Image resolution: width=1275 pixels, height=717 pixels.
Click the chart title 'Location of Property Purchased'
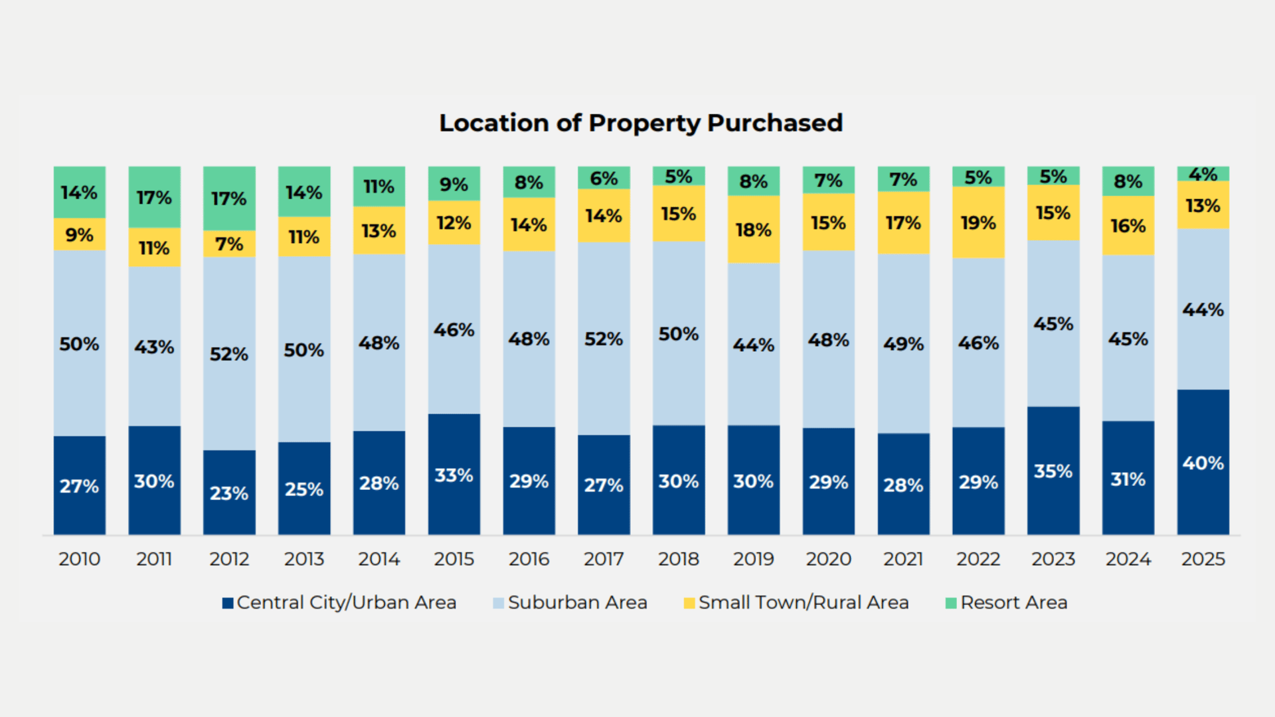(x=641, y=123)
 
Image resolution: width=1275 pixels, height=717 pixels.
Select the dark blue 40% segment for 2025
(x=1203, y=462)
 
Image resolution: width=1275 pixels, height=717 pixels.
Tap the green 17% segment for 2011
(x=154, y=197)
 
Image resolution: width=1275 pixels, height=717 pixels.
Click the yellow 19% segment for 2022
(x=978, y=222)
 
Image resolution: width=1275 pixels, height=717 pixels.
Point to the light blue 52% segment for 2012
(x=229, y=353)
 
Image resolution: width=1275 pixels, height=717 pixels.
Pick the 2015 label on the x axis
(x=454, y=559)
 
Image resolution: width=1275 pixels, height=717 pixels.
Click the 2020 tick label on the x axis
(x=828, y=559)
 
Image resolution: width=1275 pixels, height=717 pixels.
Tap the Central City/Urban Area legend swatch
(x=228, y=603)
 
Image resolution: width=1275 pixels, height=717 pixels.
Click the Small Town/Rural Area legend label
(x=804, y=603)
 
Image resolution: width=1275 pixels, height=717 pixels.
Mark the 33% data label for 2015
(x=454, y=475)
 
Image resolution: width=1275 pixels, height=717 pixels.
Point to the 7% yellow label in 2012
(x=229, y=244)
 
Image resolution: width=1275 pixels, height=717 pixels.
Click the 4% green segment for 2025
(x=1203, y=174)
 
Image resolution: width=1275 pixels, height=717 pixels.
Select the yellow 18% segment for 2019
(x=753, y=230)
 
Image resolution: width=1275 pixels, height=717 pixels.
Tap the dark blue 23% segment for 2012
(x=229, y=493)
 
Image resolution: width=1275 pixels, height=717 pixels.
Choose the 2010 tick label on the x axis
(x=79, y=559)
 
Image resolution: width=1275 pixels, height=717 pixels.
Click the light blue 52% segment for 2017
(x=604, y=339)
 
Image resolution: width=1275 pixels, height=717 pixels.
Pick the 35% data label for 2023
(x=1053, y=471)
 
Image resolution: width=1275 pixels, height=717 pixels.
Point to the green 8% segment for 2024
(x=1128, y=181)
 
